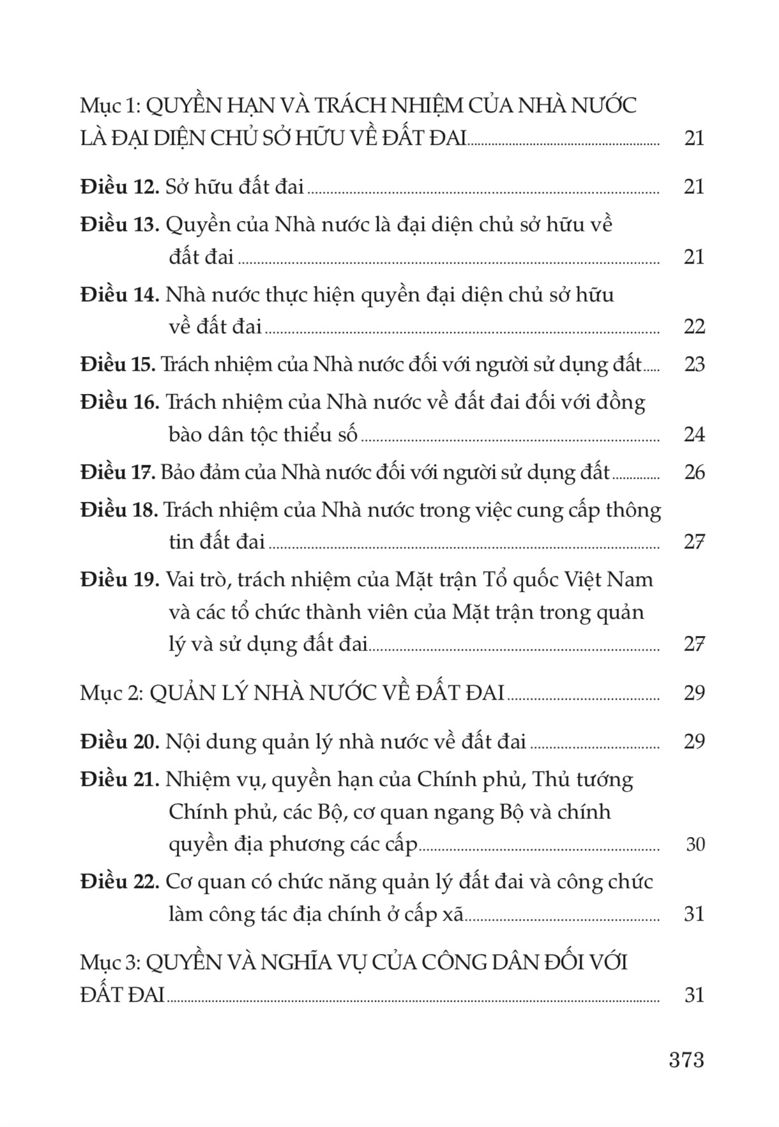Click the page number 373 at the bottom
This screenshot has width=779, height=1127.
coord(686,1060)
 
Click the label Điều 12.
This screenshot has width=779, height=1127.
coord(119,187)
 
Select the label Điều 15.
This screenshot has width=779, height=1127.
coord(118,365)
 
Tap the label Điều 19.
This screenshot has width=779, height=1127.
coord(119,580)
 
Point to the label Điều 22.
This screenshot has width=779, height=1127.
coord(119,882)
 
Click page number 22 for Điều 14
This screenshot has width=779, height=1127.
coord(694,327)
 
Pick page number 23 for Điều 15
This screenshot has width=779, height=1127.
coord(694,365)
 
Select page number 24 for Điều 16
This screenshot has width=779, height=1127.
coord(694,435)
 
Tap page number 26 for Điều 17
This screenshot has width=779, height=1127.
coord(694,473)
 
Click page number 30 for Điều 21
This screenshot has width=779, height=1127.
coord(695,845)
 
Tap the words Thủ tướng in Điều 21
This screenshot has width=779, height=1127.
coord(582,780)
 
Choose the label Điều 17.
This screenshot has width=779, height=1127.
coord(118,473)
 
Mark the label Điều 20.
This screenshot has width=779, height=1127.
coord(119,742)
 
